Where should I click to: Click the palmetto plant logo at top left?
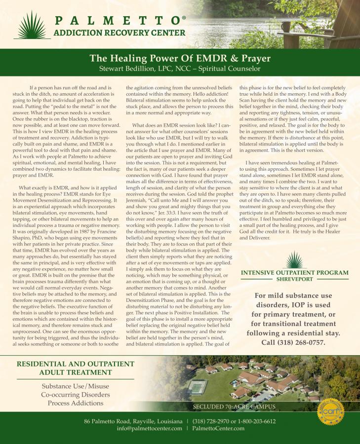(32, 26)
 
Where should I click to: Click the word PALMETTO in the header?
(116, 21)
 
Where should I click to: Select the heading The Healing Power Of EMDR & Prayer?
(180, 58)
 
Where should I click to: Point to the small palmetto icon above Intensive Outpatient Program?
(295, 260)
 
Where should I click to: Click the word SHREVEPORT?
(295, 279)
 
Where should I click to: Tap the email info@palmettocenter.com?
(149, 429)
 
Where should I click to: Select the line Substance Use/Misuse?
(76, 386)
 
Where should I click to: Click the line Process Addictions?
(76, 403)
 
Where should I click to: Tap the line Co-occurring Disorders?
(76, 395)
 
